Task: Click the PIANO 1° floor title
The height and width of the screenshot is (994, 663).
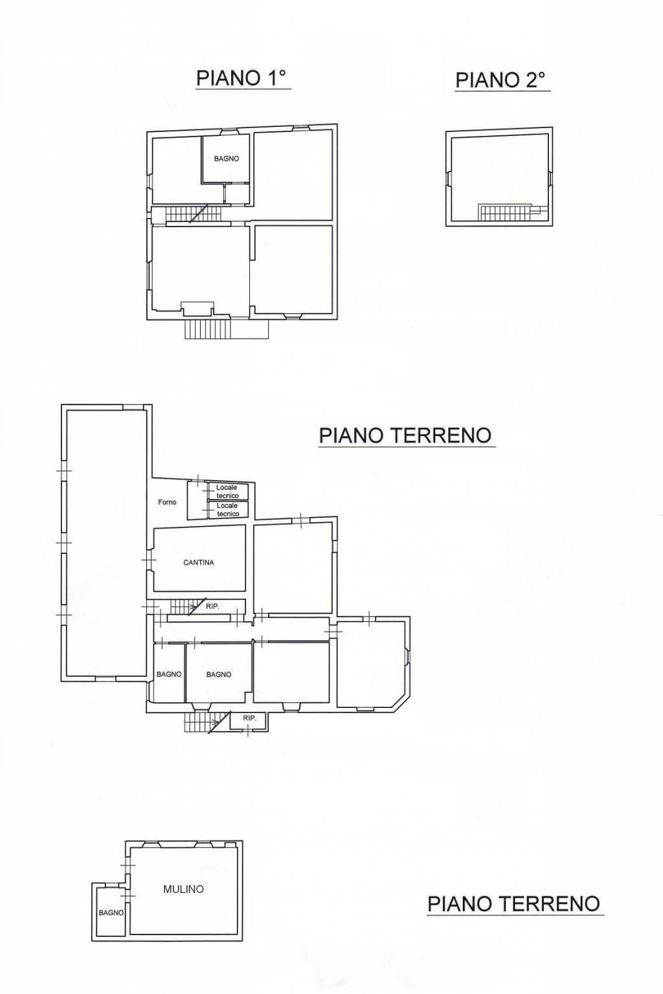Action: tap(241, 78)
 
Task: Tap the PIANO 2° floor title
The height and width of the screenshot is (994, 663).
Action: tap(500, 80)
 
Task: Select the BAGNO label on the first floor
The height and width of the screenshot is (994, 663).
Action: tap(227, 159)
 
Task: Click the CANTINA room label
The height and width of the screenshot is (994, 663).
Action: tap(199, 562)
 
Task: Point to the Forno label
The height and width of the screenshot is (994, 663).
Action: tap(167, 502)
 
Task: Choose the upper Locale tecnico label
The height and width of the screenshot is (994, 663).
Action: tap(227, 491)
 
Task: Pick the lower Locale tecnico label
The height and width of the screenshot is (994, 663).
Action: tap(228, 509)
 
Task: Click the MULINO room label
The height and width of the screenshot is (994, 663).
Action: tap(183, 889)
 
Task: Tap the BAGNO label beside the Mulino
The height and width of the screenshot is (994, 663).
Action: tap(111, 913)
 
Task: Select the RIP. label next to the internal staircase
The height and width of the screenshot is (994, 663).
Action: tap(213, 606)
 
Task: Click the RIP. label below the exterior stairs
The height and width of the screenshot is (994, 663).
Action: tap(249, 718)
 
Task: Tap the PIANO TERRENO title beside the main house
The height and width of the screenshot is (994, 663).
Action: tap(405, 436)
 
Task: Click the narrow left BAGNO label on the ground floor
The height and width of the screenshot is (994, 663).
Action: tap(169, 674)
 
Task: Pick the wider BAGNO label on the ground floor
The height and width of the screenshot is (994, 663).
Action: tap(218, 674)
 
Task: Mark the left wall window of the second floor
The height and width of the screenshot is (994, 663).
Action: tap(449, 179)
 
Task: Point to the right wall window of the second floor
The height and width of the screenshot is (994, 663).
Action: tap(550, 179)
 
